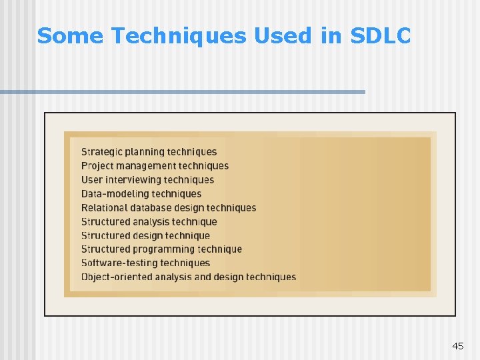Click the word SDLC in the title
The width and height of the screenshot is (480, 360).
[380, 36]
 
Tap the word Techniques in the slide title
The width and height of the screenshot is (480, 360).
[179, 36]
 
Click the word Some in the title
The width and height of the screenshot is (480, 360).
[70, 36]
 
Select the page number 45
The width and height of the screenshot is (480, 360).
[457, 346]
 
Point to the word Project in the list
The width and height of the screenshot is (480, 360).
[98, 166]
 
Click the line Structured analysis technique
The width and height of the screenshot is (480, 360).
[149, 222]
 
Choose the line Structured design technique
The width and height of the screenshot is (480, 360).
[145, 235]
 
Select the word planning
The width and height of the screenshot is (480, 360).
[145, 152]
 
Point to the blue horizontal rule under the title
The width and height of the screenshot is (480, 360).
[183, 91]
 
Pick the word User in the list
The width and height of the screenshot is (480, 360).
[92, 180]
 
